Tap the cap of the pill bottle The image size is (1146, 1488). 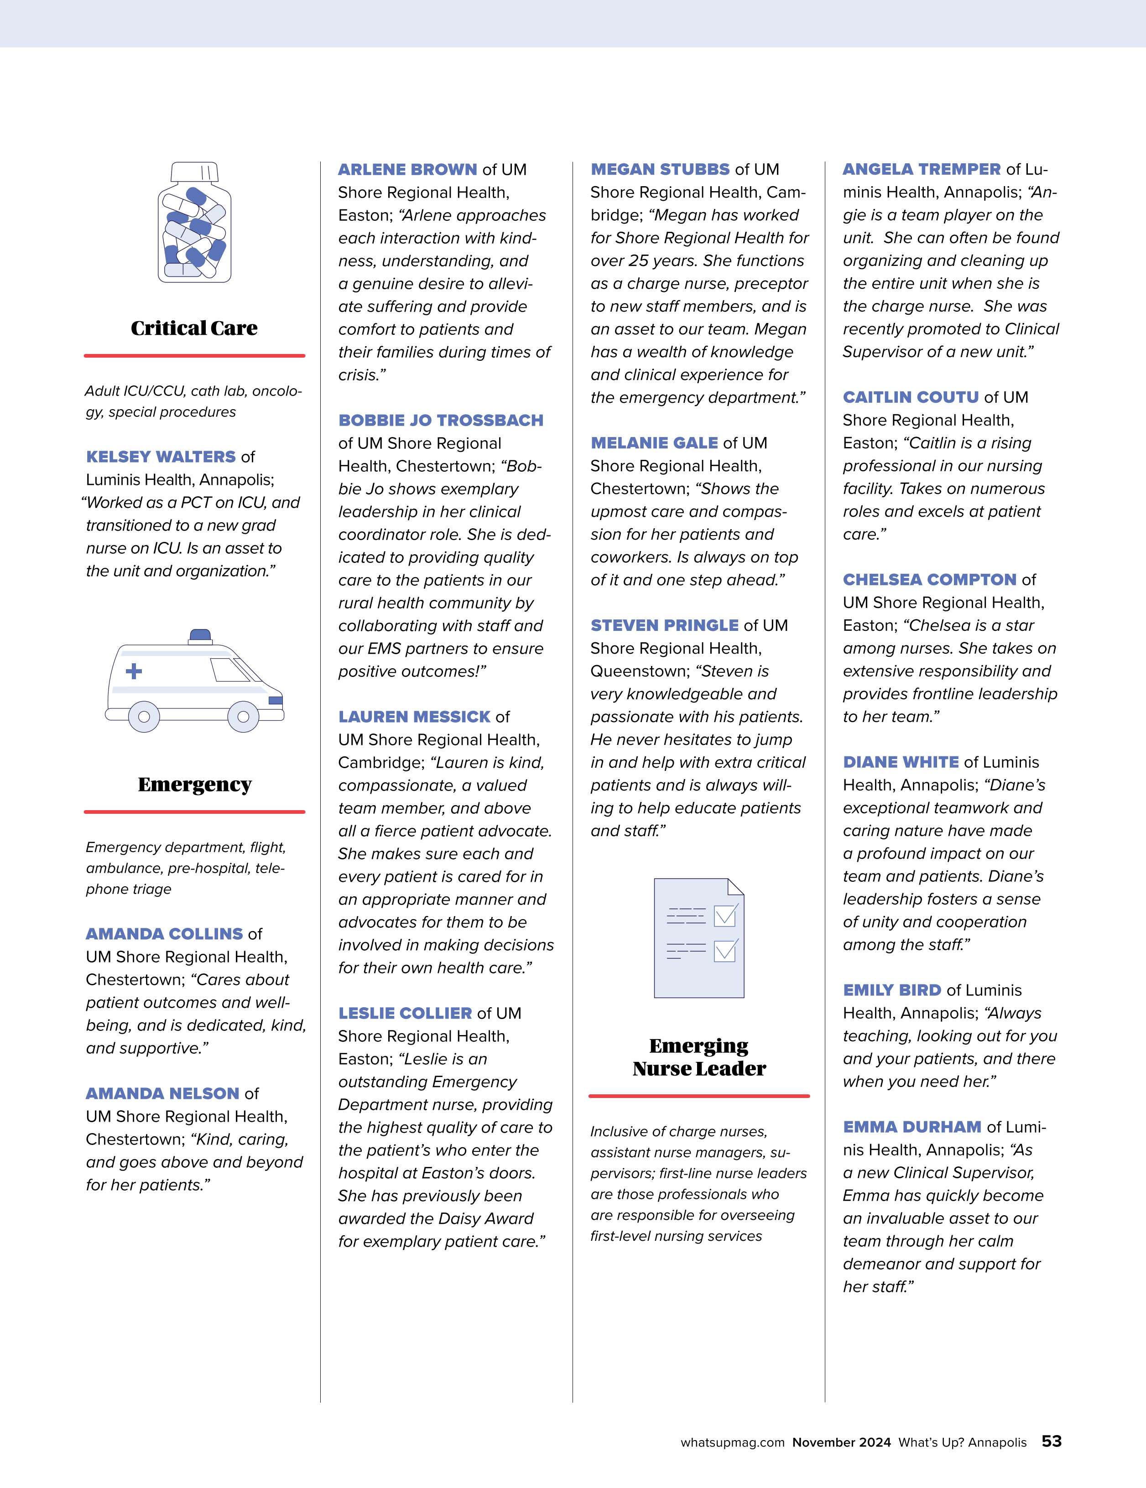[x=194, y=172]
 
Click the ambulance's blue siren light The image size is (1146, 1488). [x=200, y=636]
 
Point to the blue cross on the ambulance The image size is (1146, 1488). [x=134, y=671]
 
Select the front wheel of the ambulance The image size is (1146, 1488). [x=243, y=717]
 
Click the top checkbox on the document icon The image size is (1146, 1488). [x=725, y=915]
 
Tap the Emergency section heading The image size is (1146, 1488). [x=195, y=784]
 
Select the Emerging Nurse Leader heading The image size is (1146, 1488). [x=699, y=1057]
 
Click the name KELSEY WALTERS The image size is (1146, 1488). [x=161, y=457]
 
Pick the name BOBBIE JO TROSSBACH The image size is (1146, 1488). [x=441, y=421]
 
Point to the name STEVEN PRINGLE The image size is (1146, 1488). [x=664, y=625]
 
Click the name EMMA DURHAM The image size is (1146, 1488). [x=912, y=1127]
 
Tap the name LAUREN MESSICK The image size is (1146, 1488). [x=414, y=717]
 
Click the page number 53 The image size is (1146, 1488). [x=1051, y=1441]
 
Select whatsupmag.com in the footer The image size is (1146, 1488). [x=732, y=1442]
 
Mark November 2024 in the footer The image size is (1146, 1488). [x=841, y=1442]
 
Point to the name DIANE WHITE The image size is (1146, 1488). [x=900, y=762]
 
